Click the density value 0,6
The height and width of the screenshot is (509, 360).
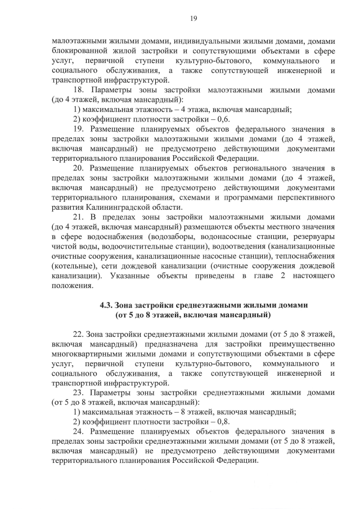[x=223, y=120]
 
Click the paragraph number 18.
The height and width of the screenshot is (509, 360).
[x=78, y=89]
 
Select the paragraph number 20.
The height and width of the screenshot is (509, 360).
[x=78, y=168]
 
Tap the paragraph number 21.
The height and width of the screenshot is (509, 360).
[x=78, y=217]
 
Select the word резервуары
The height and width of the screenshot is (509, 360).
[x=313, y=237]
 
